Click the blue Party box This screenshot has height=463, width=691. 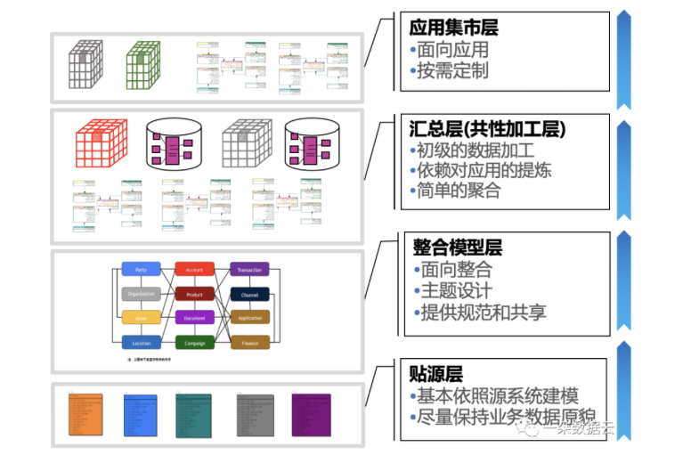141,269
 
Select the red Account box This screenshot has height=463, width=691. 194,269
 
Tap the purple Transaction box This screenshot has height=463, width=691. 249,269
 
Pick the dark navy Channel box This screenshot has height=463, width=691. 249,294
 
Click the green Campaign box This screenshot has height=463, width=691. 194,342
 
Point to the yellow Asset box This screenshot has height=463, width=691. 141,318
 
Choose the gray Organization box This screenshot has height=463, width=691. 141,294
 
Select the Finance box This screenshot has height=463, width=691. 249,342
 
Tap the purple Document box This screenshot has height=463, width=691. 194,318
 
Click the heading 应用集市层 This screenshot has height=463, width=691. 453,28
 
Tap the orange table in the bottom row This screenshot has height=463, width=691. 86,415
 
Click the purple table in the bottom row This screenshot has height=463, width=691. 311,415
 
